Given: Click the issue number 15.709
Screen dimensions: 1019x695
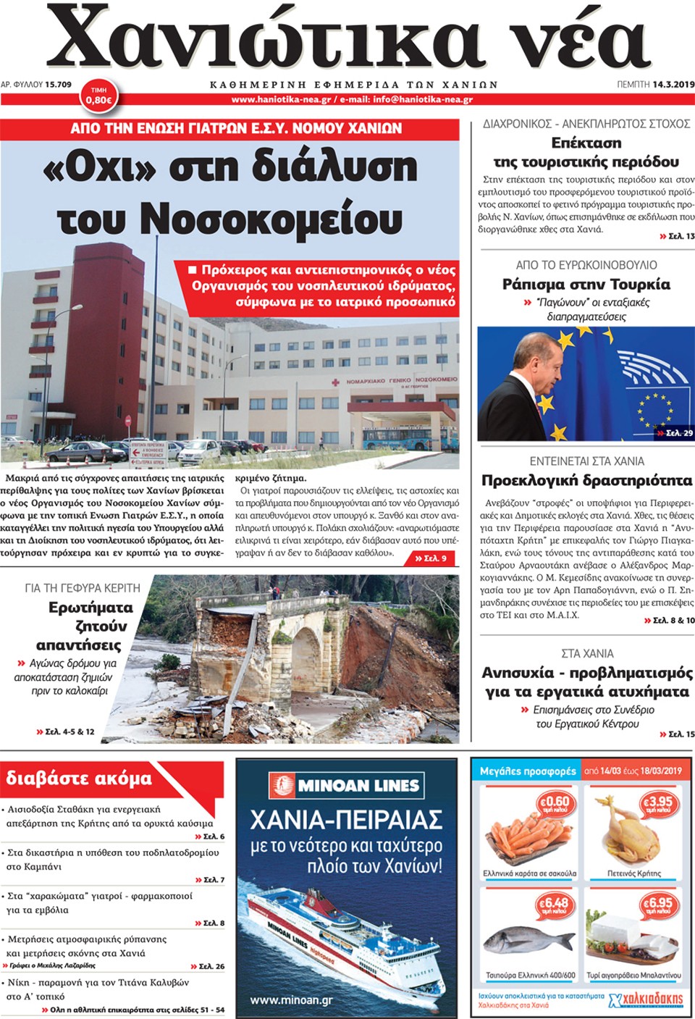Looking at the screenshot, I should tap(59, 85).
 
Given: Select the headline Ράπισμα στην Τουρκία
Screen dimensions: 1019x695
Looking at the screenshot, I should tap(586, 284).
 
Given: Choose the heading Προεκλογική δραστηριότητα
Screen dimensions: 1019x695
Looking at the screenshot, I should tap(586, 480).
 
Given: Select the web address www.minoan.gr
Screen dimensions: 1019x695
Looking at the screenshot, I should tap(292, 1000).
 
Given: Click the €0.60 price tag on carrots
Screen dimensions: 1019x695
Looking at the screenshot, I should tap(555, 804).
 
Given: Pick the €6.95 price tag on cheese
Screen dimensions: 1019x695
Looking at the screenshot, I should tap(658, 906).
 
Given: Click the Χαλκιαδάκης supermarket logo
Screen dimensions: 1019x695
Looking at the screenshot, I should tap(646, 1000).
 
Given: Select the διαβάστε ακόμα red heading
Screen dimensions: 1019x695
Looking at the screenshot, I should tap(80, 779).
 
